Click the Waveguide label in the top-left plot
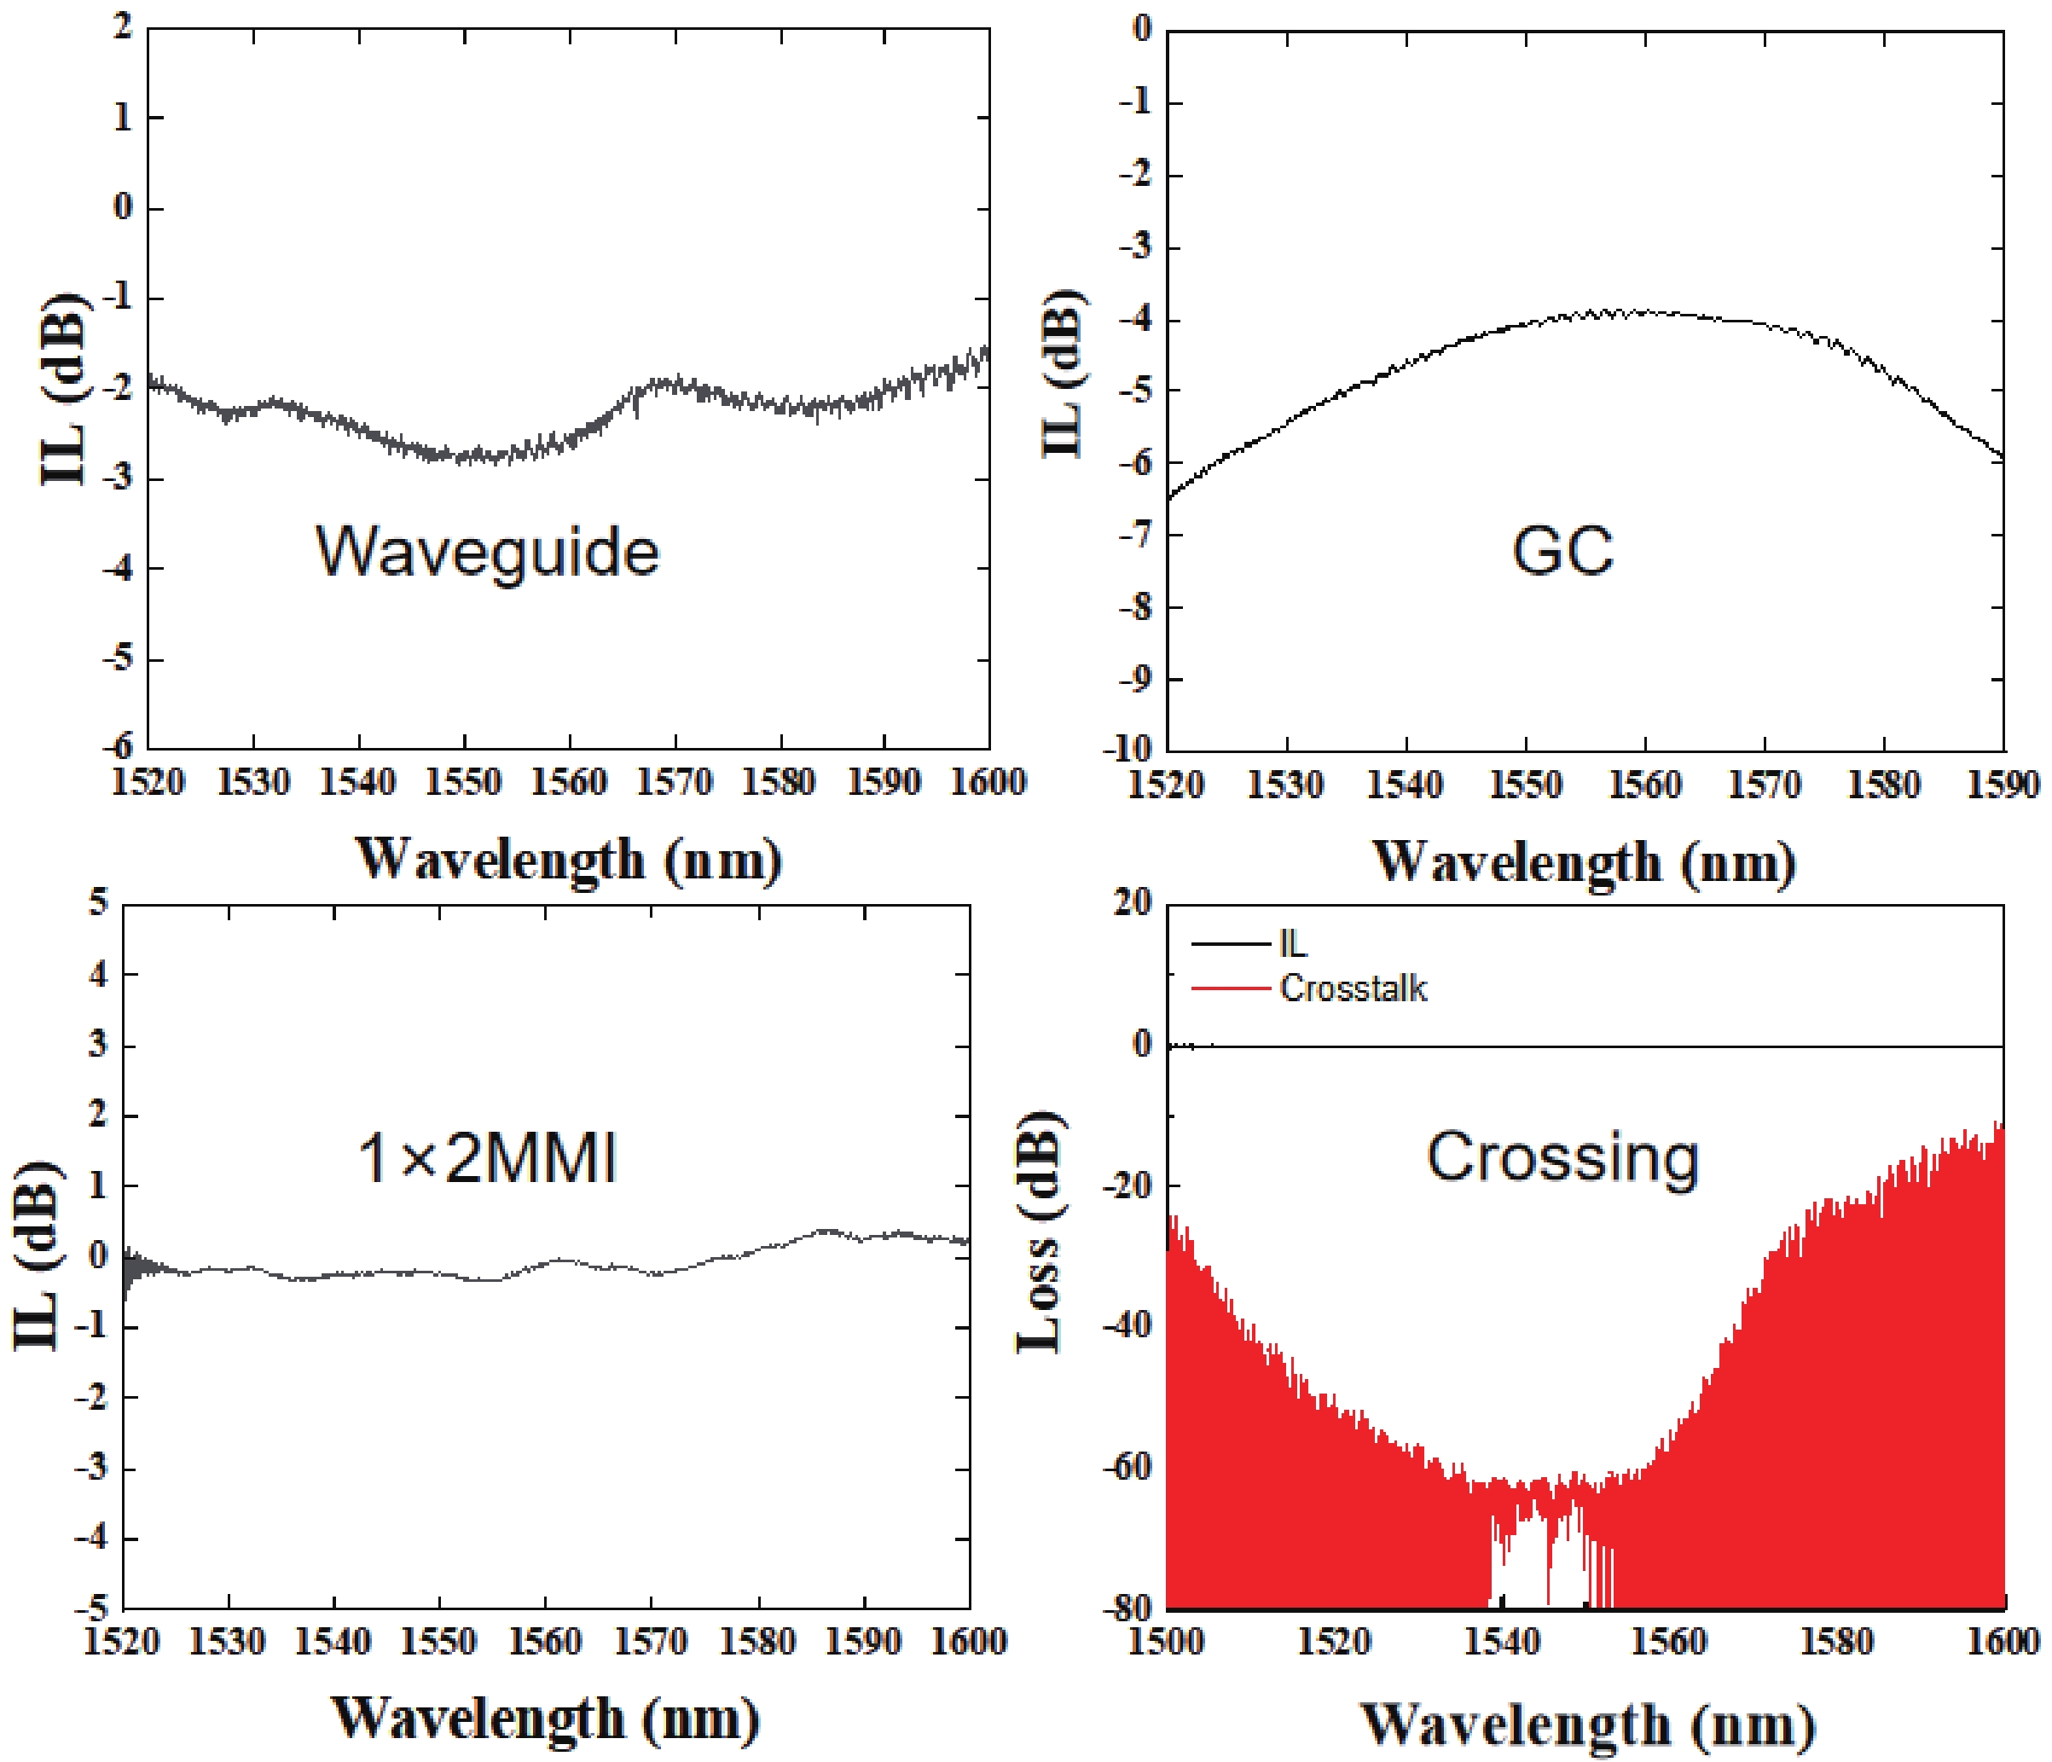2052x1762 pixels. pyautogui.click(x=487, y=552)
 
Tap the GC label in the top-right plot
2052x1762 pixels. pyautogui.click(x=1562, y=551)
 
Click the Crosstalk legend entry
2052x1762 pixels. pyautogui.click(x=1353, y=988)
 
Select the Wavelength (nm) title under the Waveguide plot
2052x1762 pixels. pyautogui.click(x=569, y=858)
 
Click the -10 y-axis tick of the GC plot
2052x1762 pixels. pyautogui.click(x=1130, y=749)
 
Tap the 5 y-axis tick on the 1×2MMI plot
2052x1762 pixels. pyautogui.click(x=98, y=903)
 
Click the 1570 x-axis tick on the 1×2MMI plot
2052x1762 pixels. pyautogui.click(x=651, y=1642)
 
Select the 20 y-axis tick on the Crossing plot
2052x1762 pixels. pyautogui.click(x=1132, y=903)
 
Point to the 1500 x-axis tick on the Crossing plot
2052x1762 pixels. pyautogui.click(x=1167, y=1642)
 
